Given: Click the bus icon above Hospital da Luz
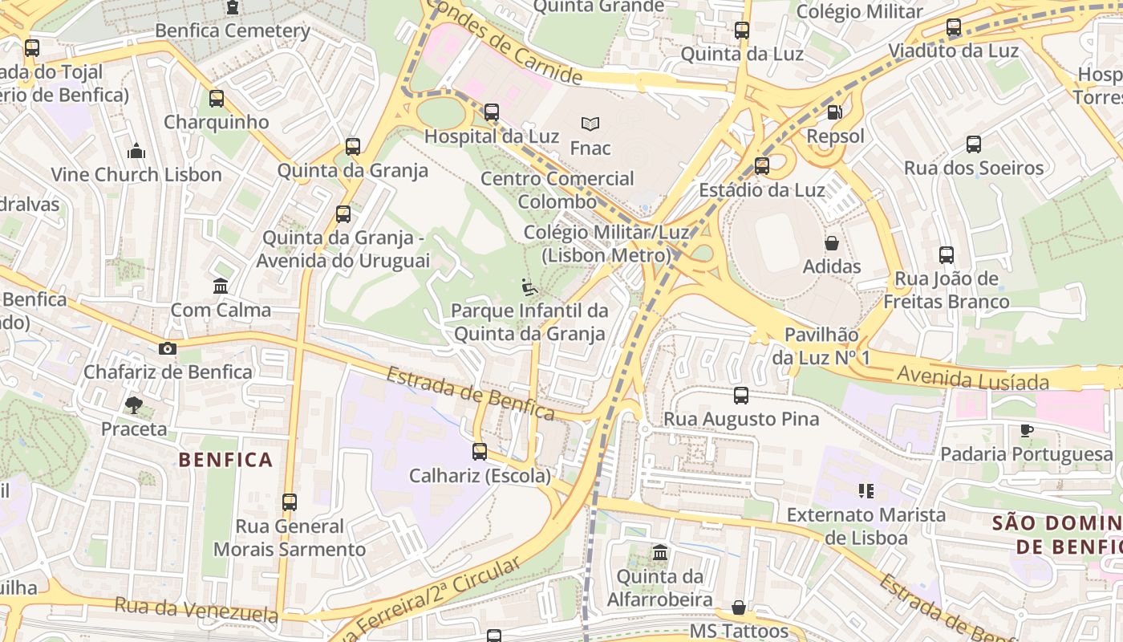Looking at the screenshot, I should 492,112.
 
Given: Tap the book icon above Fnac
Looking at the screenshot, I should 590,124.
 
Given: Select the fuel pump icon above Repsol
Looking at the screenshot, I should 834,112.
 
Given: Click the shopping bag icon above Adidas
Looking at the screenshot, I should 832,242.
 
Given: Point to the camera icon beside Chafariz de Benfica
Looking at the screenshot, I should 168,348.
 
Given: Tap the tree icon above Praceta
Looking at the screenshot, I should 134,405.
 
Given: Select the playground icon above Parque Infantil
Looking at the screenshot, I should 529,286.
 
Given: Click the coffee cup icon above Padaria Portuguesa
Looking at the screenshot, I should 1027,430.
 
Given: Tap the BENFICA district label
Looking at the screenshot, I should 225,460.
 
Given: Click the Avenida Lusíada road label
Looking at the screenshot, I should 973,377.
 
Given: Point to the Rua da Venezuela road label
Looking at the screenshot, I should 196,610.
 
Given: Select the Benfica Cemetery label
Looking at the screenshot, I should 233,30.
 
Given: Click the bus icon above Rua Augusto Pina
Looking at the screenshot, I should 741,395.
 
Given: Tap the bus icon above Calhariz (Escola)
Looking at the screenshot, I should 480,451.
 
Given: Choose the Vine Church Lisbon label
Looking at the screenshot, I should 136,174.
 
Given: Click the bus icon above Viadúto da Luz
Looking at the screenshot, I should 953,27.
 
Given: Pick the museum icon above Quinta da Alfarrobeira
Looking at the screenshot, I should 660,552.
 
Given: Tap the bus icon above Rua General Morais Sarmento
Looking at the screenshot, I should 290,502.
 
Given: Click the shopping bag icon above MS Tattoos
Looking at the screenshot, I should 739,607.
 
